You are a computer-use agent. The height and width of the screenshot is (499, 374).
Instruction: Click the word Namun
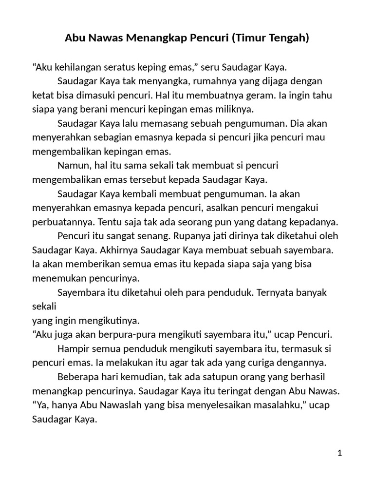tap(73, 165)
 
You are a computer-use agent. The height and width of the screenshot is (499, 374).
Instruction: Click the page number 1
tap(339, 453)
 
